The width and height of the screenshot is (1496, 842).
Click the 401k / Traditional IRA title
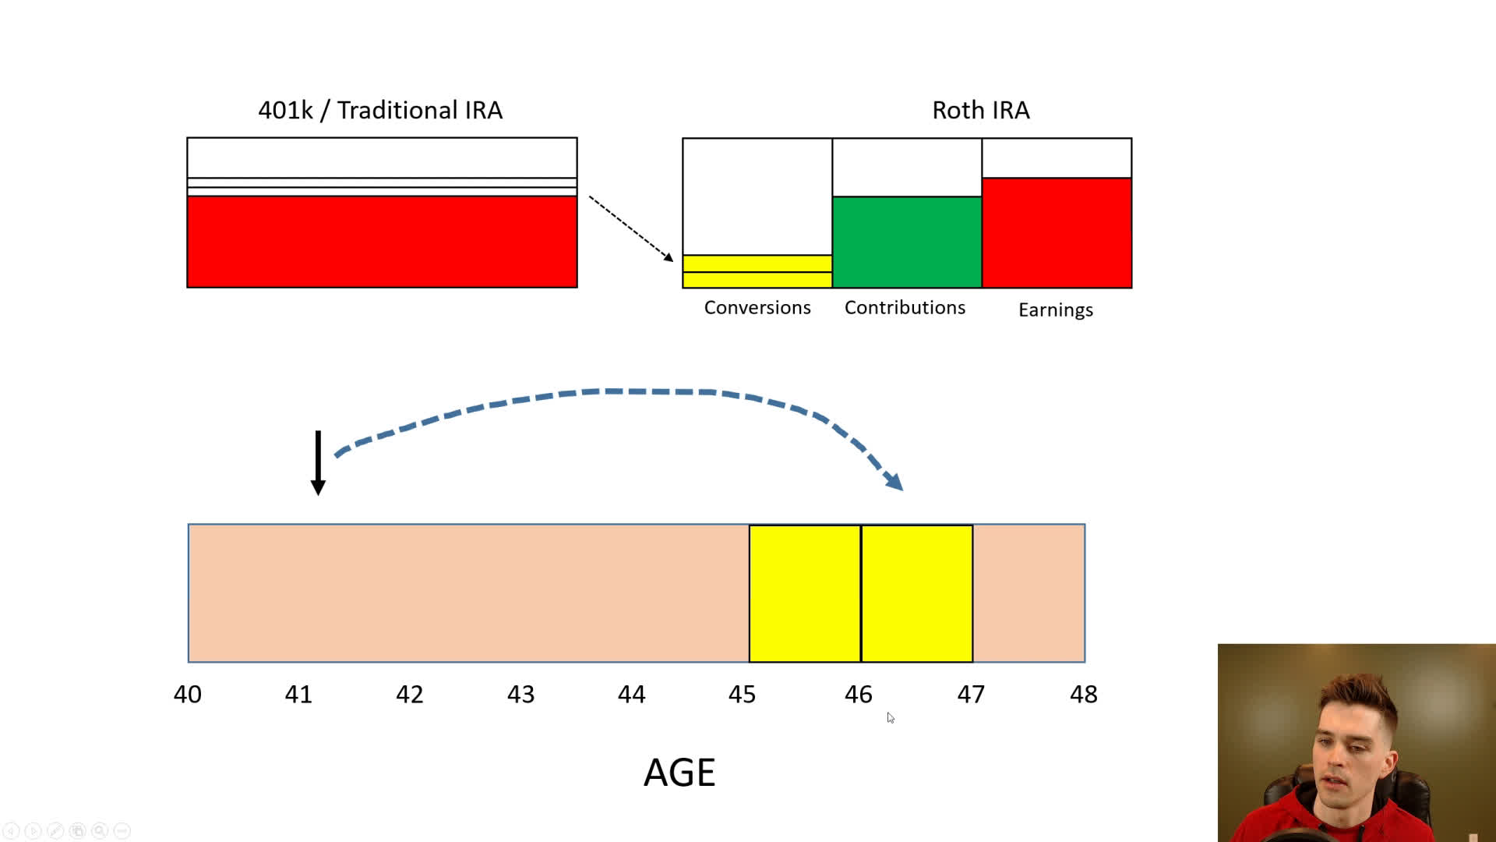(x=380, y=110)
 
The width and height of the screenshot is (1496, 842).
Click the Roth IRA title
(x=980, y=110)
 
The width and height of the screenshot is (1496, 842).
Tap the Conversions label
(x=757, y=307)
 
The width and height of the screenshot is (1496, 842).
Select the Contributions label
(x=905, y=307)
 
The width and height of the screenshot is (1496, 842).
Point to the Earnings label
(x=1055, y=310)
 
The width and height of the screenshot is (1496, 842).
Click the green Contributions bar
(x=906, y=242)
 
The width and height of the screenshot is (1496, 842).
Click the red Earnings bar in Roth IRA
(x=1056, y=232)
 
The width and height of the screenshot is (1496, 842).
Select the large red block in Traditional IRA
(x=382, y=241)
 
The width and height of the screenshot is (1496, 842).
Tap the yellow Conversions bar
(x=757, y=271)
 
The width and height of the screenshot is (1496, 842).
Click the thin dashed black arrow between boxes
(x=630, y=228)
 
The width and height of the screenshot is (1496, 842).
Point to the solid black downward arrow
(x=318, y=462)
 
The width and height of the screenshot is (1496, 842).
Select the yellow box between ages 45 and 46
(x=804, y=593)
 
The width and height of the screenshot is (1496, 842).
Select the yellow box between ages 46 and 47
(x=916, y=593)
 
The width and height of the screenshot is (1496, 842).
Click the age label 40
(x=187, y=694)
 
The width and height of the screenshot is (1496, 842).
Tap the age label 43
(x=520, y=694)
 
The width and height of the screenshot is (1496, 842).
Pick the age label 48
(x=1083, y=694)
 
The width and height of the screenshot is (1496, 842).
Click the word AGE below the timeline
(x=679, y=773)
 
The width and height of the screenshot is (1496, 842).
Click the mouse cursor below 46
(x=890, y=717)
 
